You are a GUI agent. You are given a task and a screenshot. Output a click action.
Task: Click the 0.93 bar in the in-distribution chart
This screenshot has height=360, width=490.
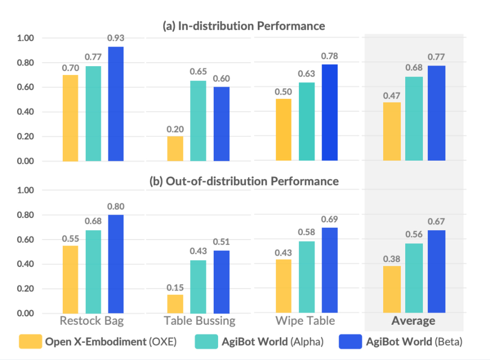[x=116, y=104]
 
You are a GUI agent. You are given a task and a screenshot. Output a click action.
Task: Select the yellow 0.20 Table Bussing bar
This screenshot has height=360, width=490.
[x=175, y=148]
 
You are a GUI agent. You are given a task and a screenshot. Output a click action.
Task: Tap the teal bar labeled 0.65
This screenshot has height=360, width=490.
[x=198, y=120]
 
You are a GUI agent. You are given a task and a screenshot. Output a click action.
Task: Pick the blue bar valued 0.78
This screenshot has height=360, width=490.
[x=330, y=112]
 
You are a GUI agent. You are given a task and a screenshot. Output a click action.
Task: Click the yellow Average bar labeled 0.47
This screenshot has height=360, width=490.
[x=392, y=131]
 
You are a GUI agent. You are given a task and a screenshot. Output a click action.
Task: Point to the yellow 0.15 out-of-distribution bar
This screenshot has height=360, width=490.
[x=175, y=304]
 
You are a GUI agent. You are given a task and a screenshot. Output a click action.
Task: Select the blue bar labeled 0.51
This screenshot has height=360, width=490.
[x=220, y=282]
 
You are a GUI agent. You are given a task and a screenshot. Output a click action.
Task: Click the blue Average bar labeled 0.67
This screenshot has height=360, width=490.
[x=436, y=271]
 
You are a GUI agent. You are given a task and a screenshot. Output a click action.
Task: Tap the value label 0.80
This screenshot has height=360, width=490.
[x=116, y=207]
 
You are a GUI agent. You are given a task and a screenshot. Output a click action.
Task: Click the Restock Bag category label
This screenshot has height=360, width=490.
[x=92, y=321]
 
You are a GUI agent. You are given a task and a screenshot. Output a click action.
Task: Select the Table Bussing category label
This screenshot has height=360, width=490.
[x=199, y=321]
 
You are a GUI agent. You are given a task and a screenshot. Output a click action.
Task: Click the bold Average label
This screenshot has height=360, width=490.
[x=413, y=321]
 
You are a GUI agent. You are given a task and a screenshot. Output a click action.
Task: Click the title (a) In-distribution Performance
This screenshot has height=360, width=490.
[x=244, y=25]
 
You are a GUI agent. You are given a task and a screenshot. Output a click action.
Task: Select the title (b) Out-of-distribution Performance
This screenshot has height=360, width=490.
[x=244, y=181]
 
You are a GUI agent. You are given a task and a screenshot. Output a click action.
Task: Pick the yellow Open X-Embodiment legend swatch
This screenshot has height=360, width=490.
[x=30, y=342]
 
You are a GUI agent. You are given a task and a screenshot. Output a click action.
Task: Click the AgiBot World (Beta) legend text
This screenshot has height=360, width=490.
[x=414, y=342]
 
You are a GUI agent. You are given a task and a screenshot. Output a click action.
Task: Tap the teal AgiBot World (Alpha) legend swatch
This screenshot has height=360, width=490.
[x=206, y=342]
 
